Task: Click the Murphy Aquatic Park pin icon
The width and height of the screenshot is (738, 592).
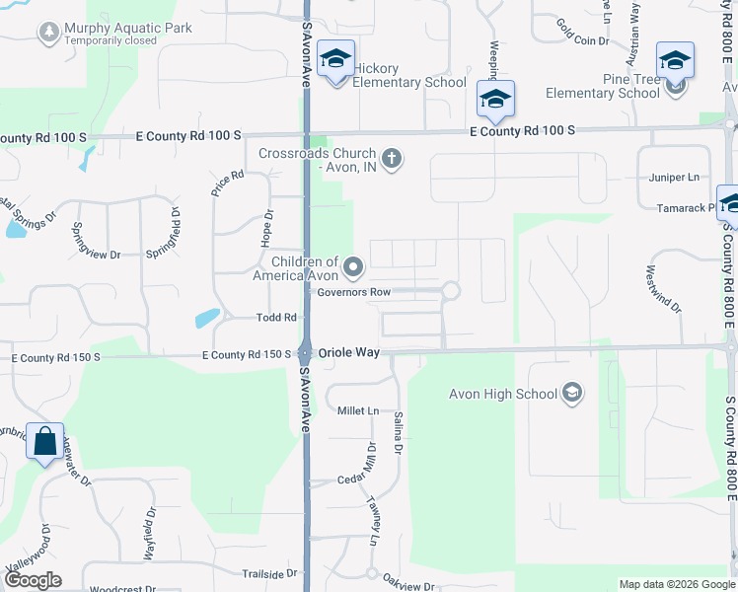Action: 47,33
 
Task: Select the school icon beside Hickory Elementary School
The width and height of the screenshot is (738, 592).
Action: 335,59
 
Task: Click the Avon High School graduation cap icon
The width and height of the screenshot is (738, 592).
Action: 571,395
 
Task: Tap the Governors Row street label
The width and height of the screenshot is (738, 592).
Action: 353,292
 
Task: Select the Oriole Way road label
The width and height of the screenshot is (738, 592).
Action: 348,352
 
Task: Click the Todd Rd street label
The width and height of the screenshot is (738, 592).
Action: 277,317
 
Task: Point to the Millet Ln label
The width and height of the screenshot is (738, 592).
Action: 358,410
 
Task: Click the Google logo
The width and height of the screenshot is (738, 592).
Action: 32,579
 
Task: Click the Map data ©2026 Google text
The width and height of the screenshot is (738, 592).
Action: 675,584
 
